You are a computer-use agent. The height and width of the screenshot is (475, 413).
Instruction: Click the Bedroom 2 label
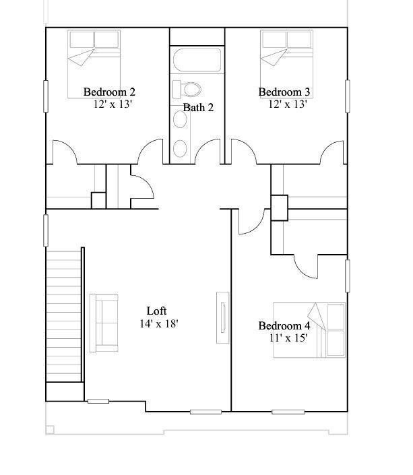pos(110,92)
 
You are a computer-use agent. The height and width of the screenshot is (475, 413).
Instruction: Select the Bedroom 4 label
pos(284,326)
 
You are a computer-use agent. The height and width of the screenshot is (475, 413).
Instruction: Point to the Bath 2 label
pos(199,107)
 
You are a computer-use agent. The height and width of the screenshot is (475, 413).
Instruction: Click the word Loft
pos(157,311)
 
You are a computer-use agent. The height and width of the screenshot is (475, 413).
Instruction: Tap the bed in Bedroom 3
pos(286,64)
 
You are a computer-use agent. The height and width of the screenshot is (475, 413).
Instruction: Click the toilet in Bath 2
pos(188,89)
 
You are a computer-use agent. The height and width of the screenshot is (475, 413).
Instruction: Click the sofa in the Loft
pos(103,323)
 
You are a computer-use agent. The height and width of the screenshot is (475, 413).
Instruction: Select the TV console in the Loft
pos(222,318)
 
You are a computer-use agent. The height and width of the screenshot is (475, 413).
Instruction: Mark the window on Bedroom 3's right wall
pos(348,96)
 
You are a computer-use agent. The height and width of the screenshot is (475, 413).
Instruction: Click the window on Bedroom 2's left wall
pos(46,96)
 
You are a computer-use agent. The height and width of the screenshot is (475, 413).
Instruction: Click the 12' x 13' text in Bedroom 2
pos(113,104)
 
